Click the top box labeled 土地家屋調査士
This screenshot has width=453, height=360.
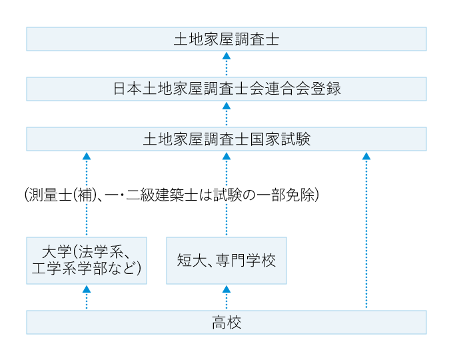[x=226, y=39]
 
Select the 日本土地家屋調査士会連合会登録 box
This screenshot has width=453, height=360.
[x=226, y=89]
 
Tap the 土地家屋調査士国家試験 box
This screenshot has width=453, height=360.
[x=226, y=139]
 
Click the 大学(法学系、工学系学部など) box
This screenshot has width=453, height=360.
[x=87, y=261]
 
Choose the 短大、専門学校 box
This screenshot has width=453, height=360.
[x=226, y=261]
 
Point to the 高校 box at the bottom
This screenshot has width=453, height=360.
[x=226, y=323]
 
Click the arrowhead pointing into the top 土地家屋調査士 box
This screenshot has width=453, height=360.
[x=226, y=56]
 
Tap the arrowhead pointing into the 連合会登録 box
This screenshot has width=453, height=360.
[x=226, y=106]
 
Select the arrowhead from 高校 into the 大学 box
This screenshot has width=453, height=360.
[x=87, y=289]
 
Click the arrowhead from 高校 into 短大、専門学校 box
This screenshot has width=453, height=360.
[x=226, y=289]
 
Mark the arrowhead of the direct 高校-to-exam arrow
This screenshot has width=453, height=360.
[x=366, y=156]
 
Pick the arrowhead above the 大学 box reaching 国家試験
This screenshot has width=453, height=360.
[x=87, y=156]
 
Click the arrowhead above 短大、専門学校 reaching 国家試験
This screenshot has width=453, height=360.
[x=226, y=156]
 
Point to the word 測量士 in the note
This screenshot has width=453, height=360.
[x=46, y=195]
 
